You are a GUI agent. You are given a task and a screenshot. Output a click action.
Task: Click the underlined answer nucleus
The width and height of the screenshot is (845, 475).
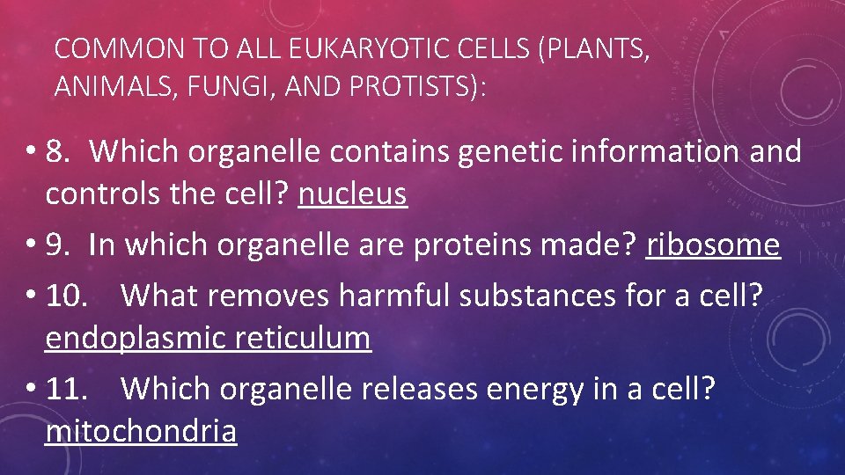(352, 194)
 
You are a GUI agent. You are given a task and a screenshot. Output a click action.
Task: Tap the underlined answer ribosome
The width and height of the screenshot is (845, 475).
(713, 245)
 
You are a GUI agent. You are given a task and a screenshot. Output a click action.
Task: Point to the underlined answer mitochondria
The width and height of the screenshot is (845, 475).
(141, 431)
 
